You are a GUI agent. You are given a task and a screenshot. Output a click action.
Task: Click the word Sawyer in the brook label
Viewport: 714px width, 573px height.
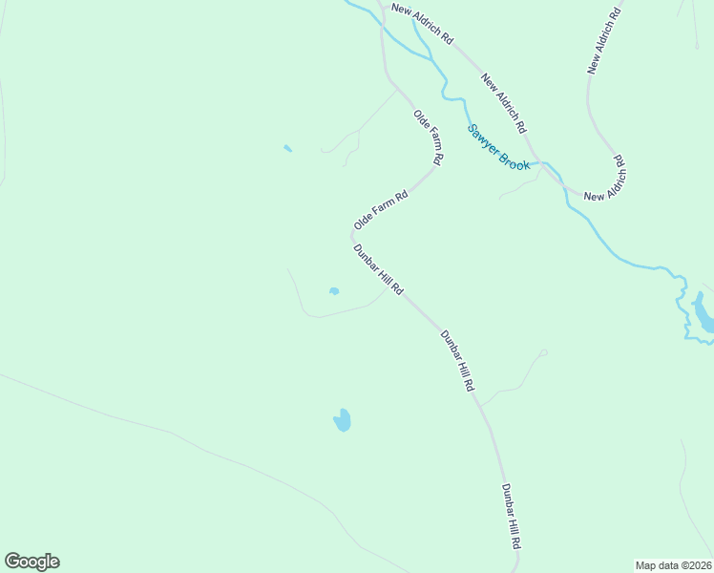pos(483,140)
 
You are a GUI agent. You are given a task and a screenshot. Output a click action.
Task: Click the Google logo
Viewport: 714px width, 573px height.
pos(31,562)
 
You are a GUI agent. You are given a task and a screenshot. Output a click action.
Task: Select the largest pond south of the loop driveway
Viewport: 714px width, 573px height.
pos(342,420)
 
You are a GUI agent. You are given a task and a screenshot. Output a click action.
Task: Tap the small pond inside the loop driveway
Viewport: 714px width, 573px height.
pos(333,291)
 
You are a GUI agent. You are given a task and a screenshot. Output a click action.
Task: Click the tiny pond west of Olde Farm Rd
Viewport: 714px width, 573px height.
pos(287,148)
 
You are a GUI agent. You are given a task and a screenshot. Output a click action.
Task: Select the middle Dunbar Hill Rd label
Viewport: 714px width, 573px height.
pos(458,362)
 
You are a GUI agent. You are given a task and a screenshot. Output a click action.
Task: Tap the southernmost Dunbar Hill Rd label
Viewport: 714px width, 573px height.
pos(512,516)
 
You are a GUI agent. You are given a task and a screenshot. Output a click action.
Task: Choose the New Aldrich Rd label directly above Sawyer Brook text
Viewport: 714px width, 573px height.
pos(504,103)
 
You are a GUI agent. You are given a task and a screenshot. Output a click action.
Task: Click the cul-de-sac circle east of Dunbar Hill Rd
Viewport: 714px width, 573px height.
pos(543,353)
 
